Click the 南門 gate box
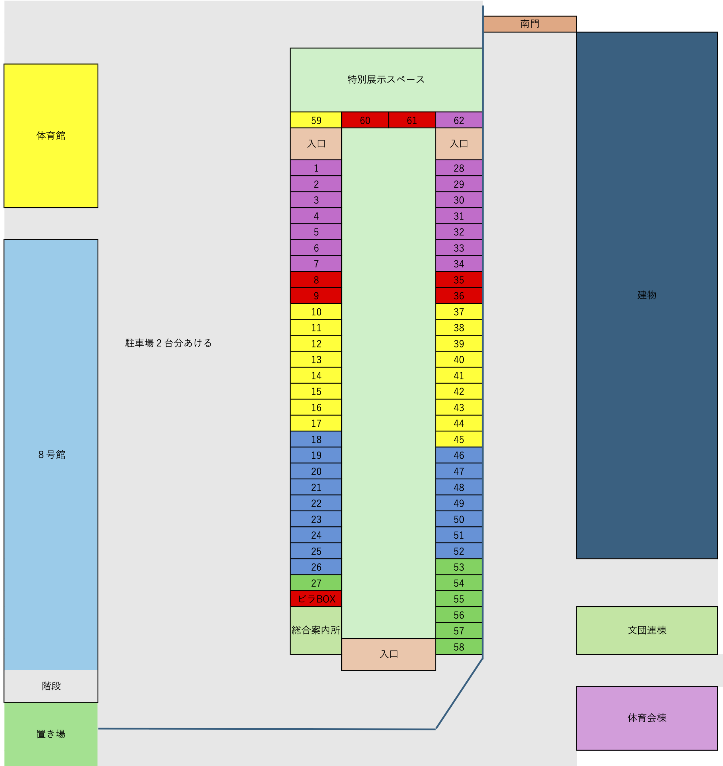[529, 24]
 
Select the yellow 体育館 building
[51, 136]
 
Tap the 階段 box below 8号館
[51, 686]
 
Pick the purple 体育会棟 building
[647, 718]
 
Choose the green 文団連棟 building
[647, 630]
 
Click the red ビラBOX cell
[316, 599]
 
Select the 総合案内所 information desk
[316, 630]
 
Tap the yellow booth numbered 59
[316, 120]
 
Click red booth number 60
[365, 120]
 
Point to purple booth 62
[459, 120]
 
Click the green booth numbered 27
[316, 583]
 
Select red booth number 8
[316, 280]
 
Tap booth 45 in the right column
[459, 439]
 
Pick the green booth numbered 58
[459, 647]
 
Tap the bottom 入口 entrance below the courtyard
[389, 654]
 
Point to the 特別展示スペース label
[386, 79]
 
